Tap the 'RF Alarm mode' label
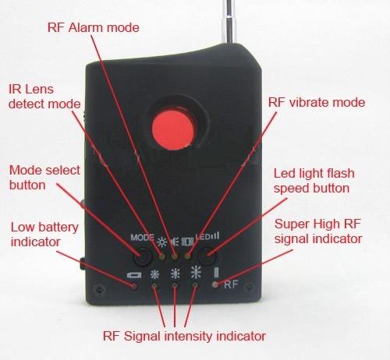pyautogui.click(x=94, y=27)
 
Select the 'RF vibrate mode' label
pyautogui.click(x=317, y=102)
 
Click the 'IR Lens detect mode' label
pyautogui.click(x=44, y=97)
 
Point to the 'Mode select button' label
pyautogui.click(x=44, y=178)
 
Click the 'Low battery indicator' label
pyautogui.click(x=44, y=235)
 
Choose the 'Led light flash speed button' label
pyautogui.click(x=314, y=181)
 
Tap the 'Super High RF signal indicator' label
pyautogui.click(x=318, y=231)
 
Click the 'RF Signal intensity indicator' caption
pyautogui.click(x=184, y=336)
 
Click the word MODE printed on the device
pyautogui.click(x=142, y=238)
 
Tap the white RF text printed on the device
pyautogui.click(x=231, y=284)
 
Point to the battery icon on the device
pyautogui.click(x=134, y=275)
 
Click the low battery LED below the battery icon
pyautogui.click(x=134, y=286)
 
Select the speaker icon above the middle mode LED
pyautogui.click(x=175, y=242)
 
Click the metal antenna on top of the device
pyautogui.click(x=229, y=22)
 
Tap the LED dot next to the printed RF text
pyautogui.click(x=215, y=284)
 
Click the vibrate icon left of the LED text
pyautogui.click(x=187, y=242)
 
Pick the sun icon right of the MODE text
pyautogui.click(x=162, y=242)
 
